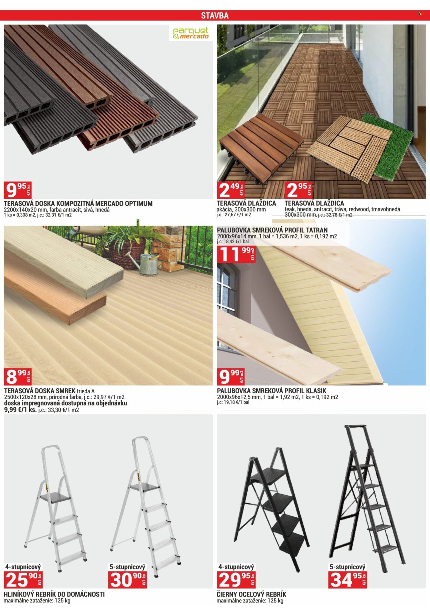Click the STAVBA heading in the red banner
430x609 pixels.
pyautogui.click(x=215, y=16)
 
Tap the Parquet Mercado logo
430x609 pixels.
pyautogui.click(x=191, y=33)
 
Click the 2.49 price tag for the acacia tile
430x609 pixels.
pyautogui.click(x=231, y=190)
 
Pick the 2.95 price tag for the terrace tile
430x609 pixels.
pyautogui.click(x=299, y=190)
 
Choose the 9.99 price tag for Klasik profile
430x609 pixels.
pyautogui.click(x=231, y=376)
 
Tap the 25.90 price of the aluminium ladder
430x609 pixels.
pyautogui.click(x=23, y=580)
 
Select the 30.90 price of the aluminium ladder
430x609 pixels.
pyautogui.click(x=128, y=580)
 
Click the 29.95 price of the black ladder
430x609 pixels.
pyautogui.click(x=236, y=580)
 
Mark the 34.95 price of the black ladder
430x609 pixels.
pyautogui.click(x=347, y=580)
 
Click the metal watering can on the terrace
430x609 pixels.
pyautogui.click(x=146, y=264)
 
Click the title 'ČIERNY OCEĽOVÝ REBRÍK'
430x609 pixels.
pyautogui.click(x=251, y=595)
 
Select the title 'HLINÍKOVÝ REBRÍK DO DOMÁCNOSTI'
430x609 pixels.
pyautogui.click(x=54, y=595)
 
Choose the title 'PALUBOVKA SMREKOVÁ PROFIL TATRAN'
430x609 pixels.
pyautogui.click(x=272, y=230)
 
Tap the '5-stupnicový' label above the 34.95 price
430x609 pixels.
pyautogui.click(x=347, y=567)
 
